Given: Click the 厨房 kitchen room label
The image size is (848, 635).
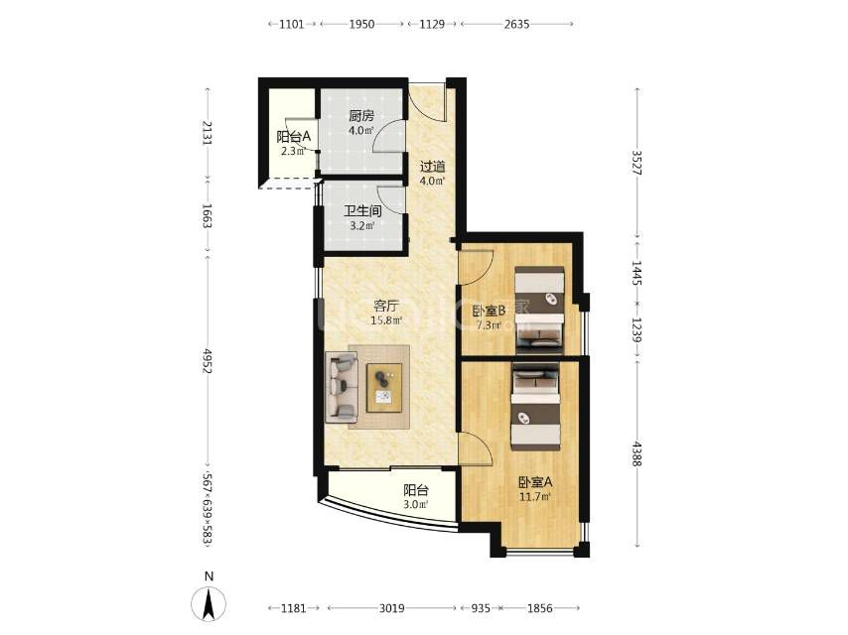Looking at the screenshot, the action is click(x=361, y=116).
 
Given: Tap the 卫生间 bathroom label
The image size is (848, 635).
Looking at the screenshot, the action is click(x=362, y=211).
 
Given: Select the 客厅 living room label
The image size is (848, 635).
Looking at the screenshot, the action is click(x=386, y=306).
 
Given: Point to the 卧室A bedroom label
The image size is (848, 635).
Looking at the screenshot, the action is click(x=535, y=482).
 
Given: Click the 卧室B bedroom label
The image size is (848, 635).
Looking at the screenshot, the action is click(x=489, y=312).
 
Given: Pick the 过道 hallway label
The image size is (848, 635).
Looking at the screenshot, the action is click(x=433, y=167).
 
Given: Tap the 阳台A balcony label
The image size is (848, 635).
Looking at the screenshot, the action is click(x=294, y=137).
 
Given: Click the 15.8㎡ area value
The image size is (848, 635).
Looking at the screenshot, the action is click(x=386, y=320).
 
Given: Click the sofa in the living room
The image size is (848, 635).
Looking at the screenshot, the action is click(x=342, y=387).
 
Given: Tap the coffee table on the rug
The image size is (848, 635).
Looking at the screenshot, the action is click(x=384, y=388).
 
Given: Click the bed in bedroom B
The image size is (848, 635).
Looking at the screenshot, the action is click(x=539, y=311).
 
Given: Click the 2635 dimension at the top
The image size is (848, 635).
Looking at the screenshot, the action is click(x=516, y=24).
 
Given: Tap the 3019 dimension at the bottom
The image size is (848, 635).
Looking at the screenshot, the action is click(x=391, y=608).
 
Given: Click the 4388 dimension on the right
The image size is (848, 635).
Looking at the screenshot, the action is click(x=637, y=453).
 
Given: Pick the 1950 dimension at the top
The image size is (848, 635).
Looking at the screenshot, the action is click(x=361, y=24).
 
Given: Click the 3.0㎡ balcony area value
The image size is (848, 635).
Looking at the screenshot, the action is click(x=416, y=505).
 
